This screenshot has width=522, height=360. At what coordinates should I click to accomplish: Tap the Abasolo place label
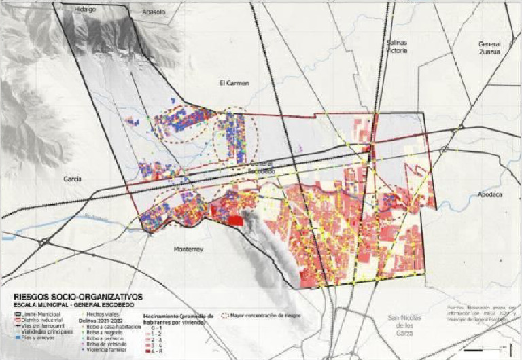tap(153, 12)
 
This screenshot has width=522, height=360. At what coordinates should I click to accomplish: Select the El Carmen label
tap(233, 83)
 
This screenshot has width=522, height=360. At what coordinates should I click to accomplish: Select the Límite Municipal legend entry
tap(37, 314)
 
